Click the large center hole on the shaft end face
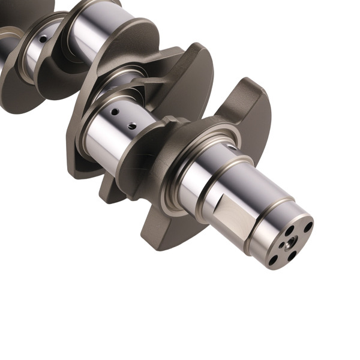point(290,242)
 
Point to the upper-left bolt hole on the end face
point(289,229)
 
